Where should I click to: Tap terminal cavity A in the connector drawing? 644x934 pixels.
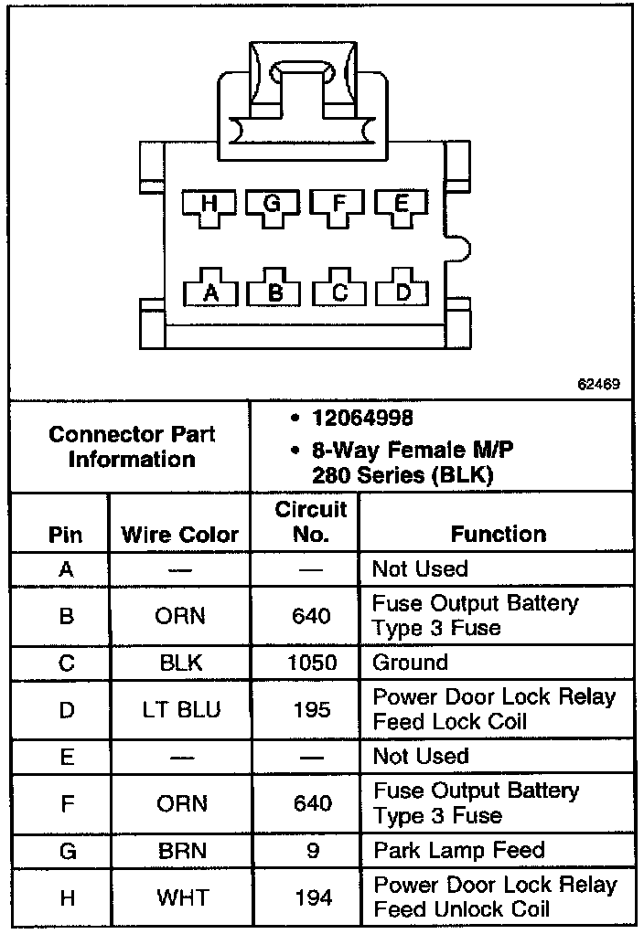(x=210, y=292)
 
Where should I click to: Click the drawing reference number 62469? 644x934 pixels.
(x=599, y=385)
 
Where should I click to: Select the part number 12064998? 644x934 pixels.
(x=361, y=419)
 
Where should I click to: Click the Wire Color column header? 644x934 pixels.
(x=180, y=534)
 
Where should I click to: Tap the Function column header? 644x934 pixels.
(x=499, y=534)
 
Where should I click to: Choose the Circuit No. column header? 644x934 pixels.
(x=311, y=521)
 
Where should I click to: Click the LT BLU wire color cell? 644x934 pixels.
(x=180, y=709)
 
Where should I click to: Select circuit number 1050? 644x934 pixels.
(x=311, y=663)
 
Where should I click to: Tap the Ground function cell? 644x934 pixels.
(x=410, y=663)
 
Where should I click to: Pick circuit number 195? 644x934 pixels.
(x=311, y=709)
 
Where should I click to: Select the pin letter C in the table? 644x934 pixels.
(x=66, y=663)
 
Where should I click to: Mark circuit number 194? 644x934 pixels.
(x=311, y=897)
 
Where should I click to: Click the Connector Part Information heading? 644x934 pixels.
(x=132, y=446)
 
